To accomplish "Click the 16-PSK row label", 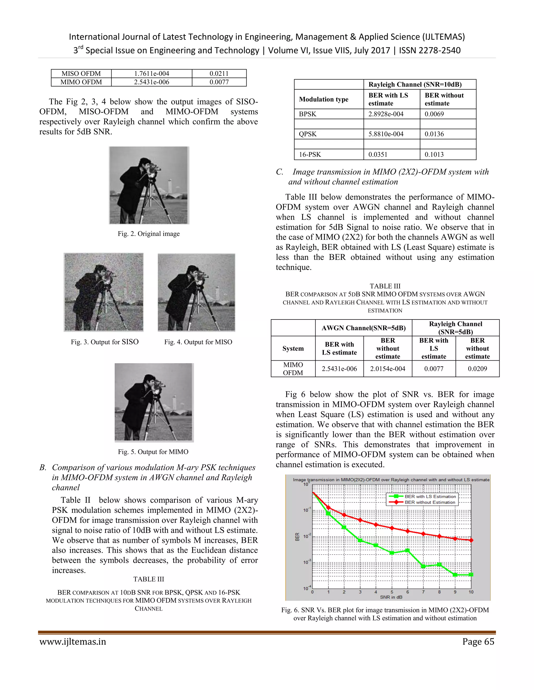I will point(310,154).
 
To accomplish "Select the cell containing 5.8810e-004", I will point(386,134).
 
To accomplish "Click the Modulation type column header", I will point(324,99).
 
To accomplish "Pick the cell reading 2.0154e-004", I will point(387,369).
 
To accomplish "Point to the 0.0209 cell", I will point(477,369).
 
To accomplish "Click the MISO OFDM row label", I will point(81,74).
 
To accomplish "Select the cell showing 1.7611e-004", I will point(151,74).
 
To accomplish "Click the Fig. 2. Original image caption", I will point(149,234).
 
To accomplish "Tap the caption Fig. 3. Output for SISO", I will point(104,342).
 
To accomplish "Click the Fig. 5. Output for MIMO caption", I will point(153,452).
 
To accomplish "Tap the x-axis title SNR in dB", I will point(391,597).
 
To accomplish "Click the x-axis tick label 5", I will point(392,592).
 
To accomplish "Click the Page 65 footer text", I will point(478,642).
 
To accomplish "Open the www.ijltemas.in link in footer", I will point(73,642).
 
